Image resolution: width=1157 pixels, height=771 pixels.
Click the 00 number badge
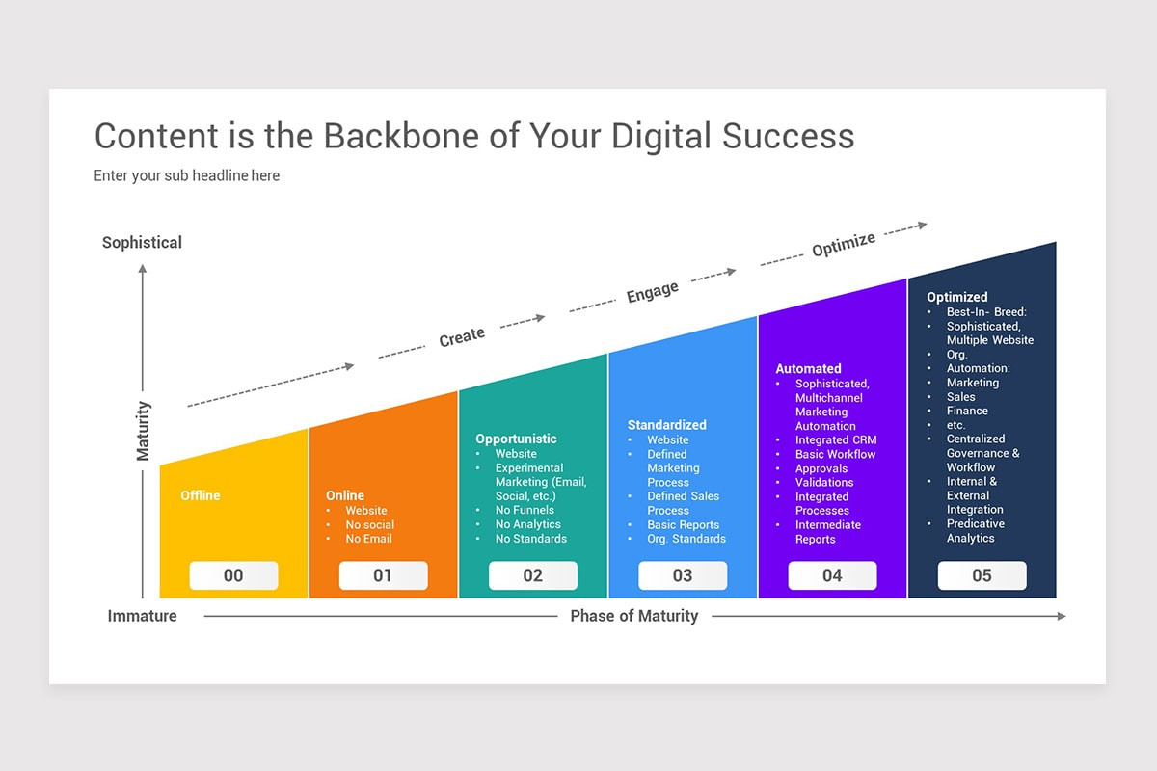[x=233, y=575]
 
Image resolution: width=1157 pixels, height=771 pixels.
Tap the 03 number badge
[x=683, y=575]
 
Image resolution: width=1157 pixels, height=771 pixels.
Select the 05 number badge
[x=982, y=575]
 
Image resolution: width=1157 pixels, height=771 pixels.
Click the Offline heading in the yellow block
[x=201, y=495]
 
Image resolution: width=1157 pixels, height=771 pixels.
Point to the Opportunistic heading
[x=516, y=439]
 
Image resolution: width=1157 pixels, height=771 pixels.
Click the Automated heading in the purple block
[x=808, y=369]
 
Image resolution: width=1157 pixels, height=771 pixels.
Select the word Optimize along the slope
[x=844, y=244]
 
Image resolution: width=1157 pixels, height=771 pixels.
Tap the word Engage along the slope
[x=653, y=292]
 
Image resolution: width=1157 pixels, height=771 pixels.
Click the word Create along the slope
[x=462, y=337]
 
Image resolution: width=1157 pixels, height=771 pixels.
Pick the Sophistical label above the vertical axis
[x=142, y=243]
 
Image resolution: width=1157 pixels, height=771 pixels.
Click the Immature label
[x=142, y=616]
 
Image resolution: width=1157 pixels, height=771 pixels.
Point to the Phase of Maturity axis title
[x=633, y=616]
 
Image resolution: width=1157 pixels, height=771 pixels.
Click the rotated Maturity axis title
[x=143, y=431]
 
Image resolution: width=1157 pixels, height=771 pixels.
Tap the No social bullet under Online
[x=370, y=524]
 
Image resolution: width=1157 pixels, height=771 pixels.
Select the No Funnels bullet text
[x=525, y=510]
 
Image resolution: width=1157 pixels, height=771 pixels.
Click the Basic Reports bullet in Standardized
[x=684, y=524]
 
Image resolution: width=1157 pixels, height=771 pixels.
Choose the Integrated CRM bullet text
[x=836, y=440]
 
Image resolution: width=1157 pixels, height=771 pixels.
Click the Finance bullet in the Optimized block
[x=967, y=412]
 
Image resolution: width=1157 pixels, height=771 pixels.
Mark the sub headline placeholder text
[x=186, y=176]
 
